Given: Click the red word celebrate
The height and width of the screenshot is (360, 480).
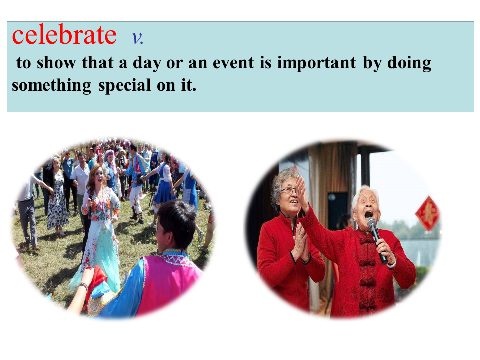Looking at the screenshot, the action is (x=64, y=35).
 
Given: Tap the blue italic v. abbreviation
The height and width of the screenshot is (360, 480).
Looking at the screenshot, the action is (x=137, y=38).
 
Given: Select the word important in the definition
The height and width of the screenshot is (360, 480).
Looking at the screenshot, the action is (x=317, y=64).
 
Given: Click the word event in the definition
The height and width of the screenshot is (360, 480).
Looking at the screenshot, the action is (x=233, y=63).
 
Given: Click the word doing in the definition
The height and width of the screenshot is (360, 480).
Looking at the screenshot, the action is (x=409, y=63).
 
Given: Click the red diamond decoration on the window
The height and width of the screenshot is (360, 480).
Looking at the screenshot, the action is (x=428, y=213).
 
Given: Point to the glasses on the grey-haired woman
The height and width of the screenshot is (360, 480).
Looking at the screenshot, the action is (x=289, y=191).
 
